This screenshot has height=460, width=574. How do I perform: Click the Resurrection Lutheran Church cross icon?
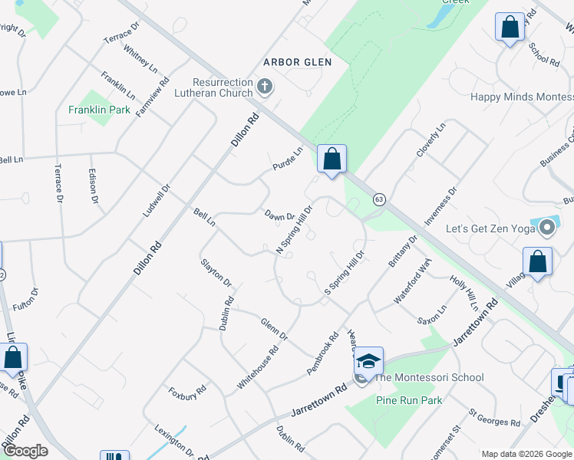(x=265, y=86)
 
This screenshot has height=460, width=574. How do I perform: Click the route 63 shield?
(x=379, y=199)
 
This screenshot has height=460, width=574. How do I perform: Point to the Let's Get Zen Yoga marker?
(x=546, y=228)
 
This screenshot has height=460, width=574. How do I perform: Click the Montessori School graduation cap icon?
(x=368, y=360)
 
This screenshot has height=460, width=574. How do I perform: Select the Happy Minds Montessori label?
(x=521, y=97)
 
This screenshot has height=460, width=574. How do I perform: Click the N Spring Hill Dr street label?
(x=295, y=229)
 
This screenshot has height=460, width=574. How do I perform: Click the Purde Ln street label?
(x=289, y=159)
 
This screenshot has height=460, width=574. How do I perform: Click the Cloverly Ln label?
(x=430, y=140)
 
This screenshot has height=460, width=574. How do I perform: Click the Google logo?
(x=25, y=451)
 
